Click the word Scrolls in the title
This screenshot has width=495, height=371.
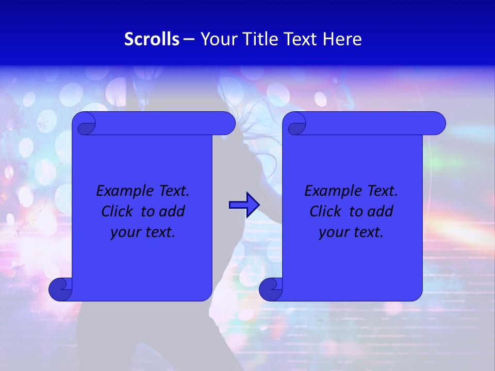(x=152, y=39)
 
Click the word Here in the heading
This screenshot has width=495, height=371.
(x=342, y=39)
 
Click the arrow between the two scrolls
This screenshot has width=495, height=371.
(x=244, y=205)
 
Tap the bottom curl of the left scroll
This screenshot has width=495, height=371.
(x=60, y=290)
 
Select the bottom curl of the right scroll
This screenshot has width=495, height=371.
(x=271, y=290)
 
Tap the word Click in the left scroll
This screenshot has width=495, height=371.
(x=117, y=212)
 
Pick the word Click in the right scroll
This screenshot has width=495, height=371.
(x=325, y=212)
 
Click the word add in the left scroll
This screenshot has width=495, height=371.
(x=172, y=212)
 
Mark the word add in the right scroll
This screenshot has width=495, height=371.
(x=380, y=212)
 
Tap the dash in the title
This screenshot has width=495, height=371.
(x=189, y=39)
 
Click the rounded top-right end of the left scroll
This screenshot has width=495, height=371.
(x=227, y=124)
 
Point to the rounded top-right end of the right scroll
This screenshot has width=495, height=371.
(x=437, y=124)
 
